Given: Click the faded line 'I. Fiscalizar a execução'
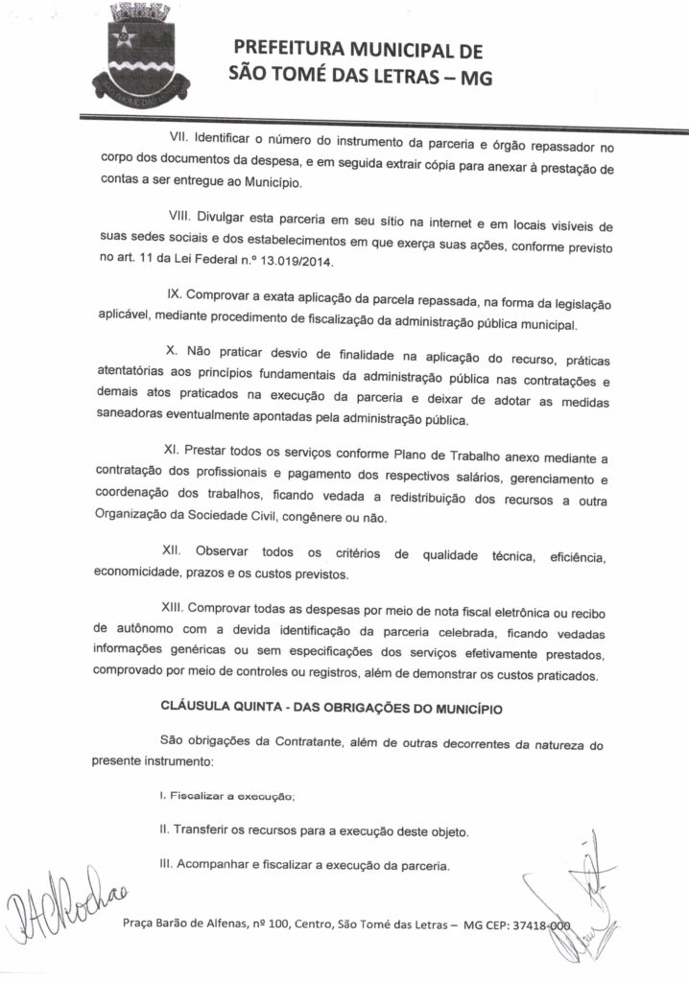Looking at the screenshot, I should [227, 797].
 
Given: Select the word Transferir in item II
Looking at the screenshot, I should [203, 830].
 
